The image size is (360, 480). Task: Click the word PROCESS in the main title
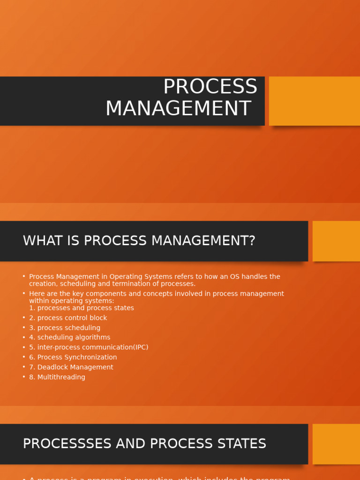pos(210,87)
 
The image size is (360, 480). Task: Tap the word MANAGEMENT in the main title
pos(178,109)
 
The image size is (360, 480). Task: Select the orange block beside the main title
pos(314,101)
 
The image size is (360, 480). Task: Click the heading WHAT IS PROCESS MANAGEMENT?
pos(139,241)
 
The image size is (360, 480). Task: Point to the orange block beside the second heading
pos(336,241)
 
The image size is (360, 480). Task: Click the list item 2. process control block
pos(68,318)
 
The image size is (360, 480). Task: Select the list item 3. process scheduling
pos(65,328)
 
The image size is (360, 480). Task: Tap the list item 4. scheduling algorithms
pos(70,337)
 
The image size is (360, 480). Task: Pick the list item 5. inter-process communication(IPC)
pos(89,347)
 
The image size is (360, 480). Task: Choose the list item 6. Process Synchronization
pos(73,357)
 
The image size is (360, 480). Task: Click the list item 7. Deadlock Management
pos(71,367)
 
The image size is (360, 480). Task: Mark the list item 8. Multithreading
pos(57,377)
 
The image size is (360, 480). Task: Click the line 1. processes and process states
pos(82,308)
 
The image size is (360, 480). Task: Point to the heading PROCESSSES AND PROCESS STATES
pos(144,443)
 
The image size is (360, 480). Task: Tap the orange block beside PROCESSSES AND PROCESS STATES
pos(336,444)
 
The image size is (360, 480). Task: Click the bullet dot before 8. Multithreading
pos(24,377)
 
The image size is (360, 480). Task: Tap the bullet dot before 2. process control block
pos(24,318)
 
